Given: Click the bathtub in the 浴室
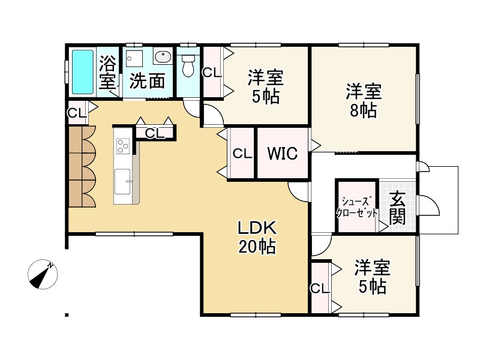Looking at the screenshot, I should (x=83, y=71).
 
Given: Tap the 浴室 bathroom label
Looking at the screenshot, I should (x=107, y=71).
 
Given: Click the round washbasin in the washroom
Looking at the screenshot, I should (x=163, y=58).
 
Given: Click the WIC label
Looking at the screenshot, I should (x=282, y=154).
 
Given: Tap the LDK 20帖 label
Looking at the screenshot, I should (x=257, y=237).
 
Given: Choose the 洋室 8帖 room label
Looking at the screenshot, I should (x=364, y=101).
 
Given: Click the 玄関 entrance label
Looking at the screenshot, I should (x=397, y=208).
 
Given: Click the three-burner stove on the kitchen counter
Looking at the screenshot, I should (x=122, y=146).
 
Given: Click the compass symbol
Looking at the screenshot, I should (x=43, y=274).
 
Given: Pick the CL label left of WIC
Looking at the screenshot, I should (x=242, y=154).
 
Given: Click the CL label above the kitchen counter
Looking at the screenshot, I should (x=155, y=133).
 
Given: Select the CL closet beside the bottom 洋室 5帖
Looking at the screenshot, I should (x=320, y=288).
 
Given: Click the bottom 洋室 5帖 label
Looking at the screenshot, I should (x=372, y=275).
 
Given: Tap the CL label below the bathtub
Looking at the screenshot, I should (x=76, y=112).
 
